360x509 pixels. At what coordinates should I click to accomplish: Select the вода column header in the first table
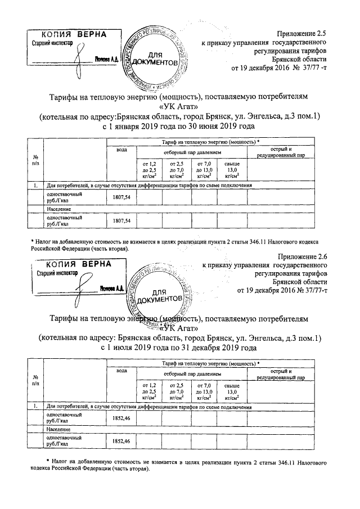(121, 150)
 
